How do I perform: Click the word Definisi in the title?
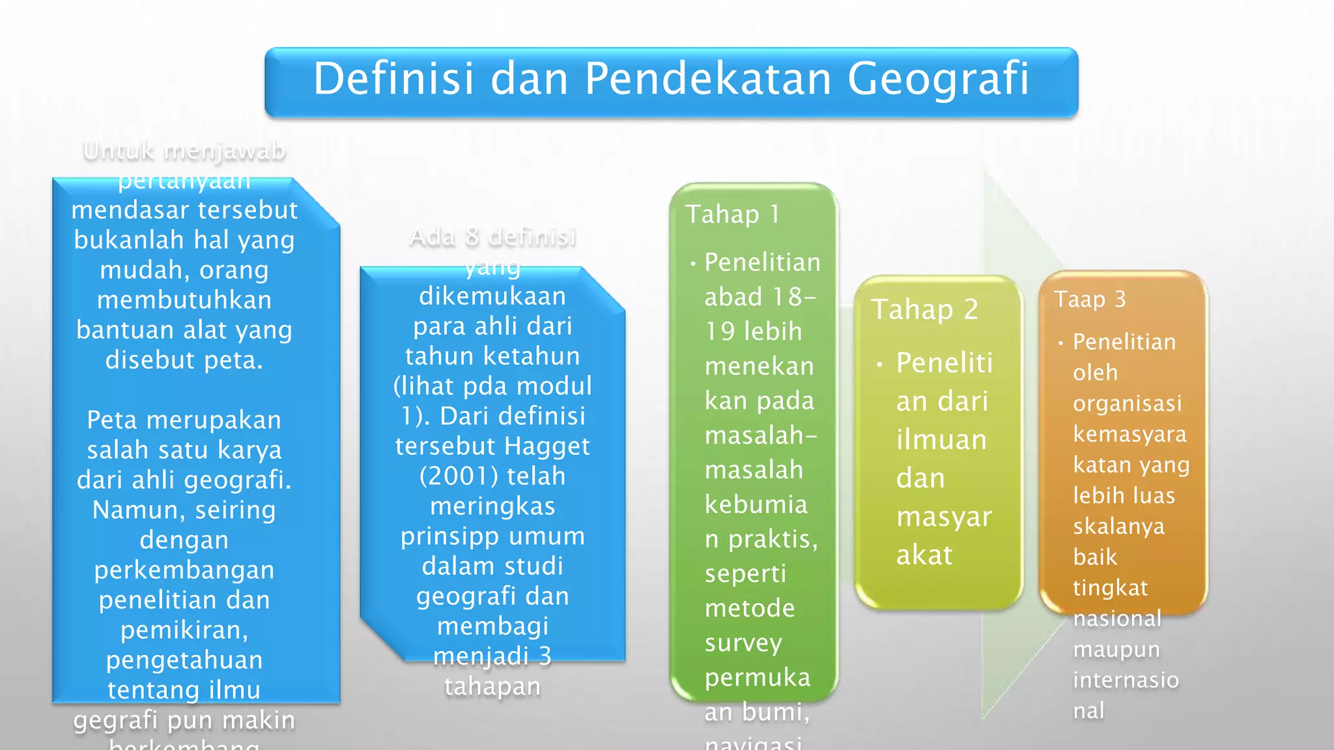coord(394,79)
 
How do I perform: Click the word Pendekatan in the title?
coord(707,79)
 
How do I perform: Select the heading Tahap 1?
coord(732,214)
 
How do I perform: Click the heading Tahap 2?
coord(924,309)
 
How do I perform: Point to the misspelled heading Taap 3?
coord(1090,299)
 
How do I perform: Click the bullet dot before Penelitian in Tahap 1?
coord(693,264)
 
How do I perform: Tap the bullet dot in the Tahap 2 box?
coord(879,365)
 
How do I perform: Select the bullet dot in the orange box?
coord(1061,343)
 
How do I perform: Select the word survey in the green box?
coord(743,643)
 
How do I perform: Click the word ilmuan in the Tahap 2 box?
coord(941,440)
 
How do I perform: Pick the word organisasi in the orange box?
coord(1127,404)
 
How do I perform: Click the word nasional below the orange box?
coord(1117,618)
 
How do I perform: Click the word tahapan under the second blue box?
coord(492,687)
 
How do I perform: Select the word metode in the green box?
coord(749,609)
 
